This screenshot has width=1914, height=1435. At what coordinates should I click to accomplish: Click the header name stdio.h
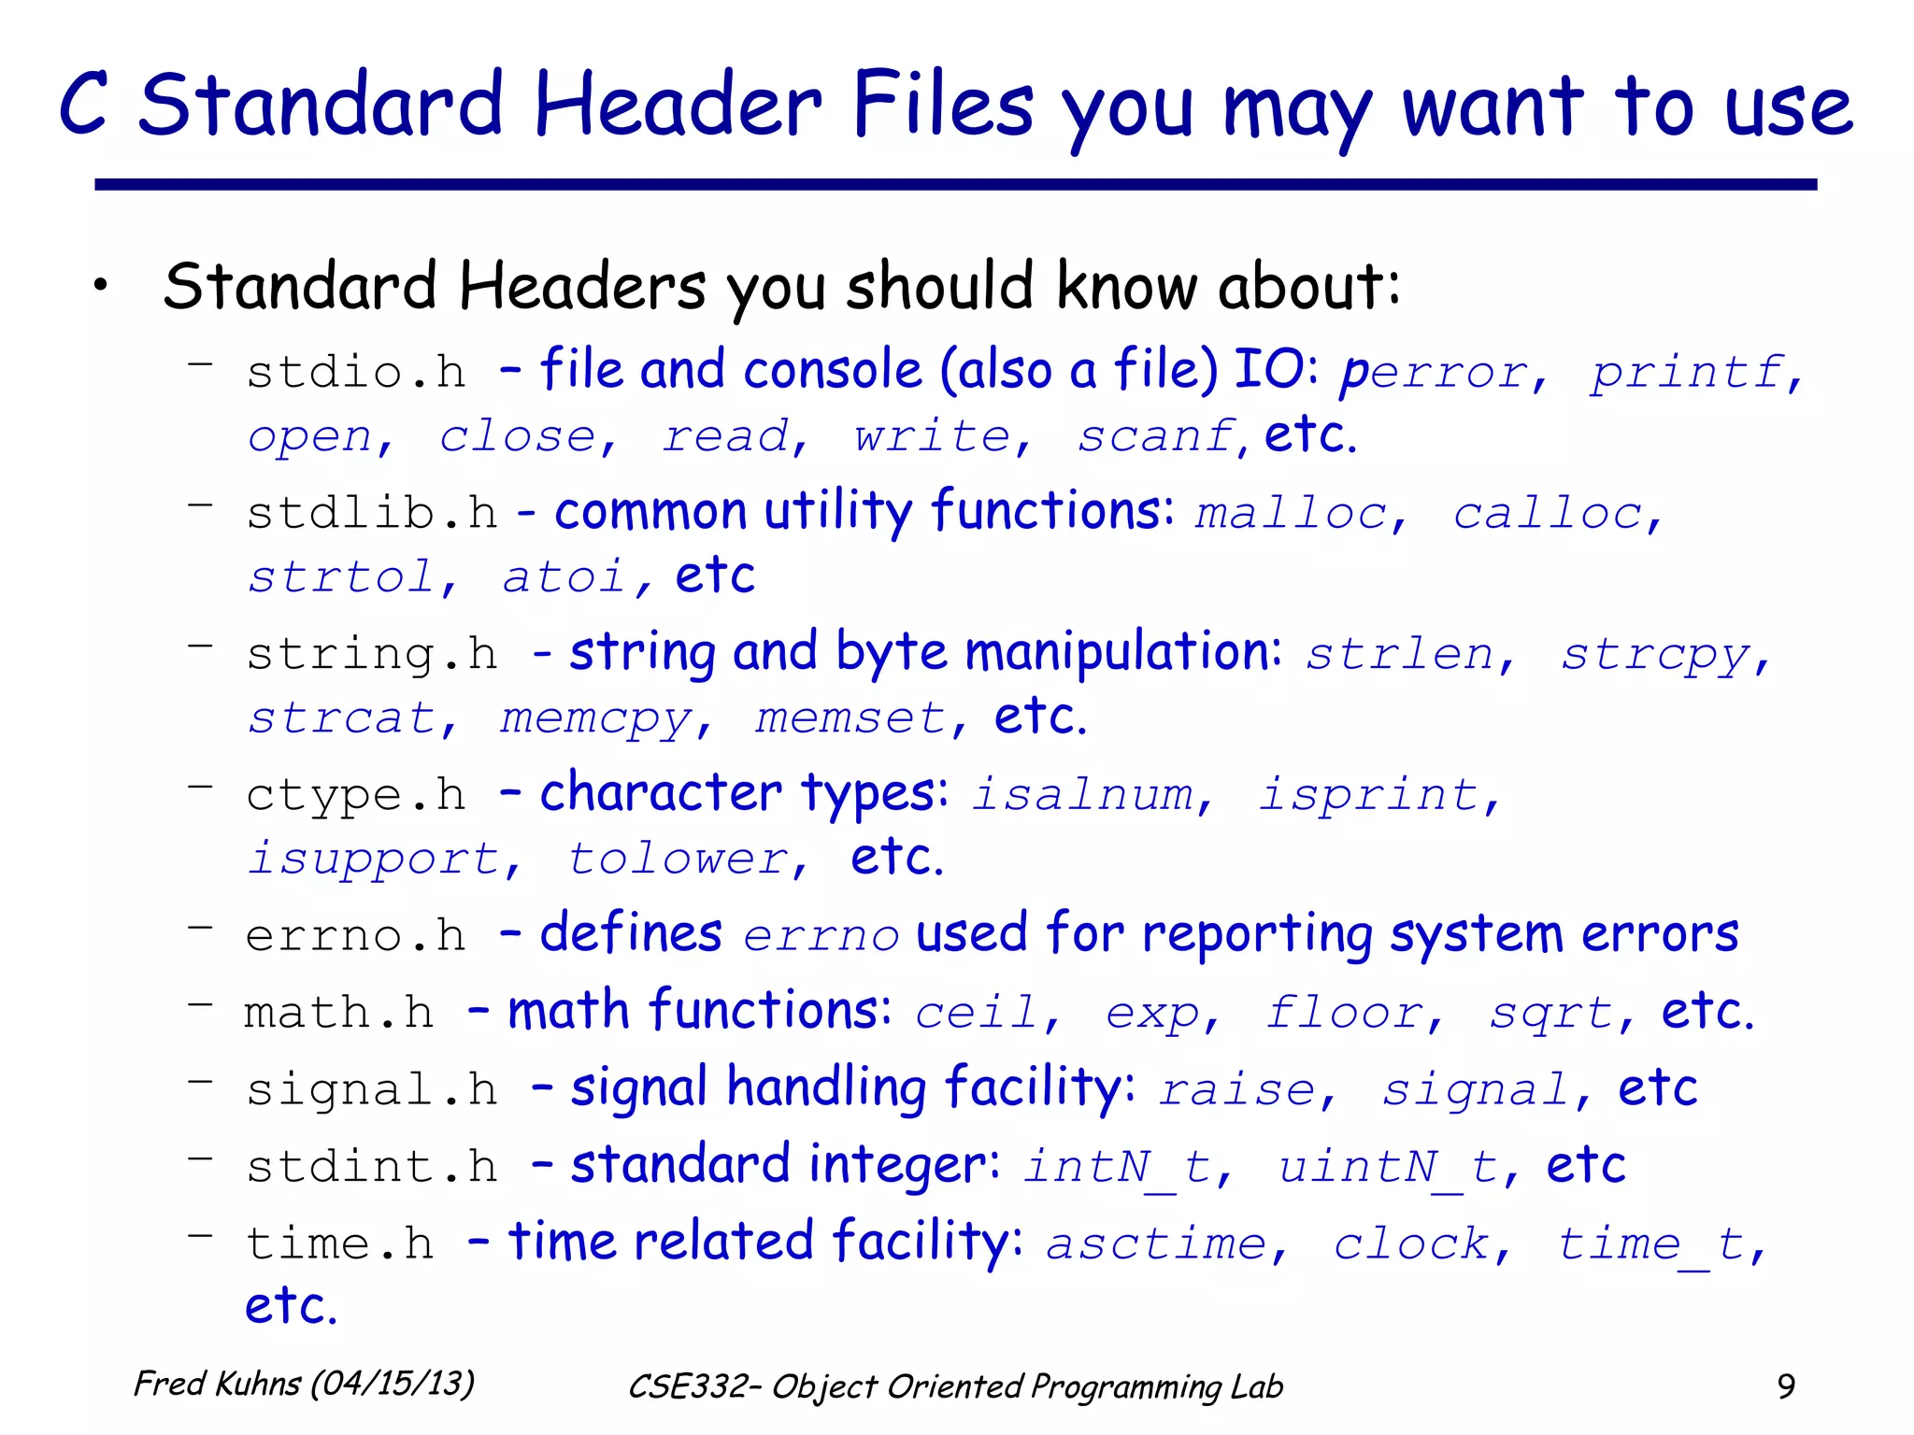coord(356,373)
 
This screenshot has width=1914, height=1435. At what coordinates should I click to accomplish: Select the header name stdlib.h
coord(372,513)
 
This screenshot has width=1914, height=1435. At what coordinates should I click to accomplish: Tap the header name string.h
coord(372,654)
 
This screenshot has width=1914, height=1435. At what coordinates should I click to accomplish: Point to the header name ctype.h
coord(356,795)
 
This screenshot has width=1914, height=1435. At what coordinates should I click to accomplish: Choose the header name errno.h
coord(355,936)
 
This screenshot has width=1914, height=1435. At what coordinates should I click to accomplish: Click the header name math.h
coord(339,1013)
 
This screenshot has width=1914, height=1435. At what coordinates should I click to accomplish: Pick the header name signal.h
coord(372,1090)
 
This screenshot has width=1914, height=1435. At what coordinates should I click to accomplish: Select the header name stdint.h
coord(372,1167)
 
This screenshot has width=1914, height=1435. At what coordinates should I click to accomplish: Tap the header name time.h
coord(340,1244)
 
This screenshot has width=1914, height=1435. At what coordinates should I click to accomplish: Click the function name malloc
coord(1291,513)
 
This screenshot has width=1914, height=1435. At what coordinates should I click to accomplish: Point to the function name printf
coord(1687,373)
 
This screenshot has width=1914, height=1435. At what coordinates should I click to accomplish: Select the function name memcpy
coord(595,719)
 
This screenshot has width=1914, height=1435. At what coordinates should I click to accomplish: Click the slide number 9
coord(1785,1386)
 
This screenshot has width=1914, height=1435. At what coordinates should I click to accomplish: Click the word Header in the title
coord(678,105)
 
